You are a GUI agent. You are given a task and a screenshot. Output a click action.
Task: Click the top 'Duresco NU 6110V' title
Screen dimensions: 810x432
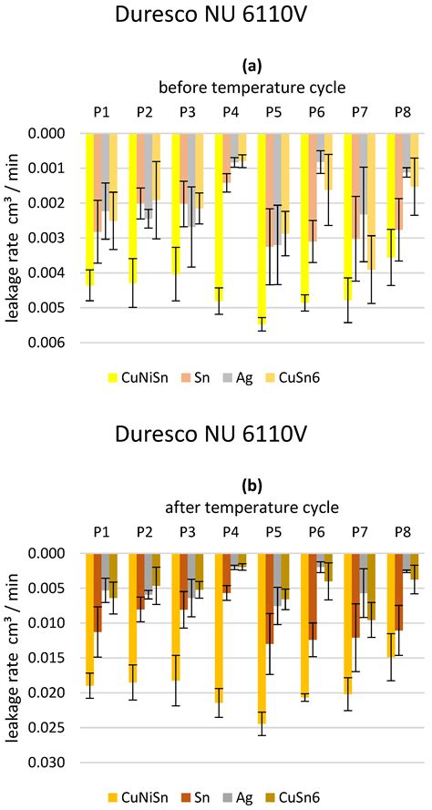click(x=215, y=18)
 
